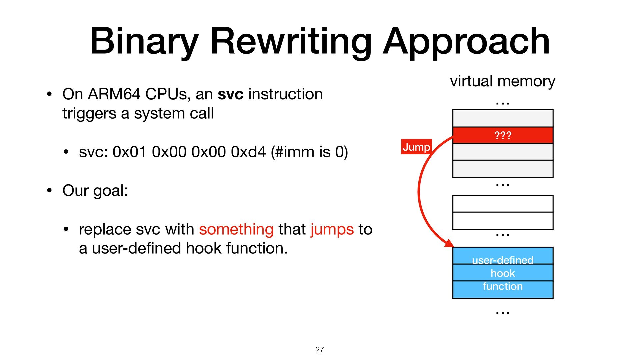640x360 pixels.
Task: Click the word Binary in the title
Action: tap(144, 42)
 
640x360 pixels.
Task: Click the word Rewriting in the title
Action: tap(290, 42)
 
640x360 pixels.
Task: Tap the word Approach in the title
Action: tap(466, 42)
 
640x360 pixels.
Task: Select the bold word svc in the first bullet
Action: tap(230, 94)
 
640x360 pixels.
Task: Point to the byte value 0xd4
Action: tap(248, 152)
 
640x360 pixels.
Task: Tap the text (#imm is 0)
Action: tap(309, 152)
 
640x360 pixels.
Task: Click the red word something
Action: tap(236, 229)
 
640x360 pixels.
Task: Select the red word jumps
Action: tap(332, 229)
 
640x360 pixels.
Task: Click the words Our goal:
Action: tap(95, 191)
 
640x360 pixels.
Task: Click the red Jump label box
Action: tap(416, 147)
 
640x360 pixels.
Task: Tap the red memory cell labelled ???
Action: tap(503, 135)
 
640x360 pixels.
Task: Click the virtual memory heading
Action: tap(502, 81)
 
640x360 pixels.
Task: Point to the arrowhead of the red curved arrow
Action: tap(449, 243)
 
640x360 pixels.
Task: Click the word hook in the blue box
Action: tap(503, 273)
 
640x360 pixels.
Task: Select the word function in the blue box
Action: tap(503, 286)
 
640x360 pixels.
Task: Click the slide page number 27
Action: tap(319, 350)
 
